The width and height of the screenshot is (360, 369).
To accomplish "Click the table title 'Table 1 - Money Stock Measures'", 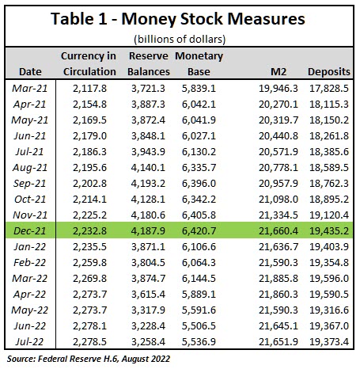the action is pyautogui.click(x=178, y=19).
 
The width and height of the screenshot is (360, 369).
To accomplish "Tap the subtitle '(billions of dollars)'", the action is pyautogui.click(x=180, y=40).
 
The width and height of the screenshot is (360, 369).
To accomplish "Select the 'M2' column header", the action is pyautogui.click(x=279, y=72).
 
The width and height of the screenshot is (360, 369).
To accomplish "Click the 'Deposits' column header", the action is pyautogui.click(x=329, y=72).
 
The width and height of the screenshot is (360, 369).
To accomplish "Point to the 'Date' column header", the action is pyautogui.click(x=30, y=72).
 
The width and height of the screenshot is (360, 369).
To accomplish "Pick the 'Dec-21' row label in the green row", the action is pyautogui.click(x=30, y=231).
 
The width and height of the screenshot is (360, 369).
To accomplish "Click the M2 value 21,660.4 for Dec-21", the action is pyautogui.click(x=279, y=231).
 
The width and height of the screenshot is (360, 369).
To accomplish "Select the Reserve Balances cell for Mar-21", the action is pyautogui.click(x=148, y=89).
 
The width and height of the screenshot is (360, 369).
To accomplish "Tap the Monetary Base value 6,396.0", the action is pyautogui.click(x=199, y=184).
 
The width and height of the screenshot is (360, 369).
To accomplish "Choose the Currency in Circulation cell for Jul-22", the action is pyautogui.click(x=89, y=342).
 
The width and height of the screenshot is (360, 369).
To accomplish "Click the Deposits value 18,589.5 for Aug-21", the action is pyautogui.click(x=329, y=168).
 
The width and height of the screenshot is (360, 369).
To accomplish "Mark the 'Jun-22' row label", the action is pyautogui.click(x=30, y=326).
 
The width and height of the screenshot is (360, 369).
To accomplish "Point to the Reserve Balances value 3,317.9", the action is pyautogui.click(x=148, y=310).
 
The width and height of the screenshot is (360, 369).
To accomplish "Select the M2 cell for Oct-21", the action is pyautogui.click(x=279, y=200).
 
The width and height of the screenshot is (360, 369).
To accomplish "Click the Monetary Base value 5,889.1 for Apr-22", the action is pyautogui.click(x=199, y=295).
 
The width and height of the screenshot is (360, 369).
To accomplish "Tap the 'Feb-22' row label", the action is pyautogui.click(x=30, y=263).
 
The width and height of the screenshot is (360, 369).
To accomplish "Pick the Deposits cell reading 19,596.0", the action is pyautogui.click(x=329, y=279).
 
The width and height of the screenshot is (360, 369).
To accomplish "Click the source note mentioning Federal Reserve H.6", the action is pyautogui.click(x=89, y=359).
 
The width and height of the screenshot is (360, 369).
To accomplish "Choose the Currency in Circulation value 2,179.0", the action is pyautogui.click(x=89, y=136).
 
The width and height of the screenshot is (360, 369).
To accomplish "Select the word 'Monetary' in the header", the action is pyautogui.click(x=199, y=56).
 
